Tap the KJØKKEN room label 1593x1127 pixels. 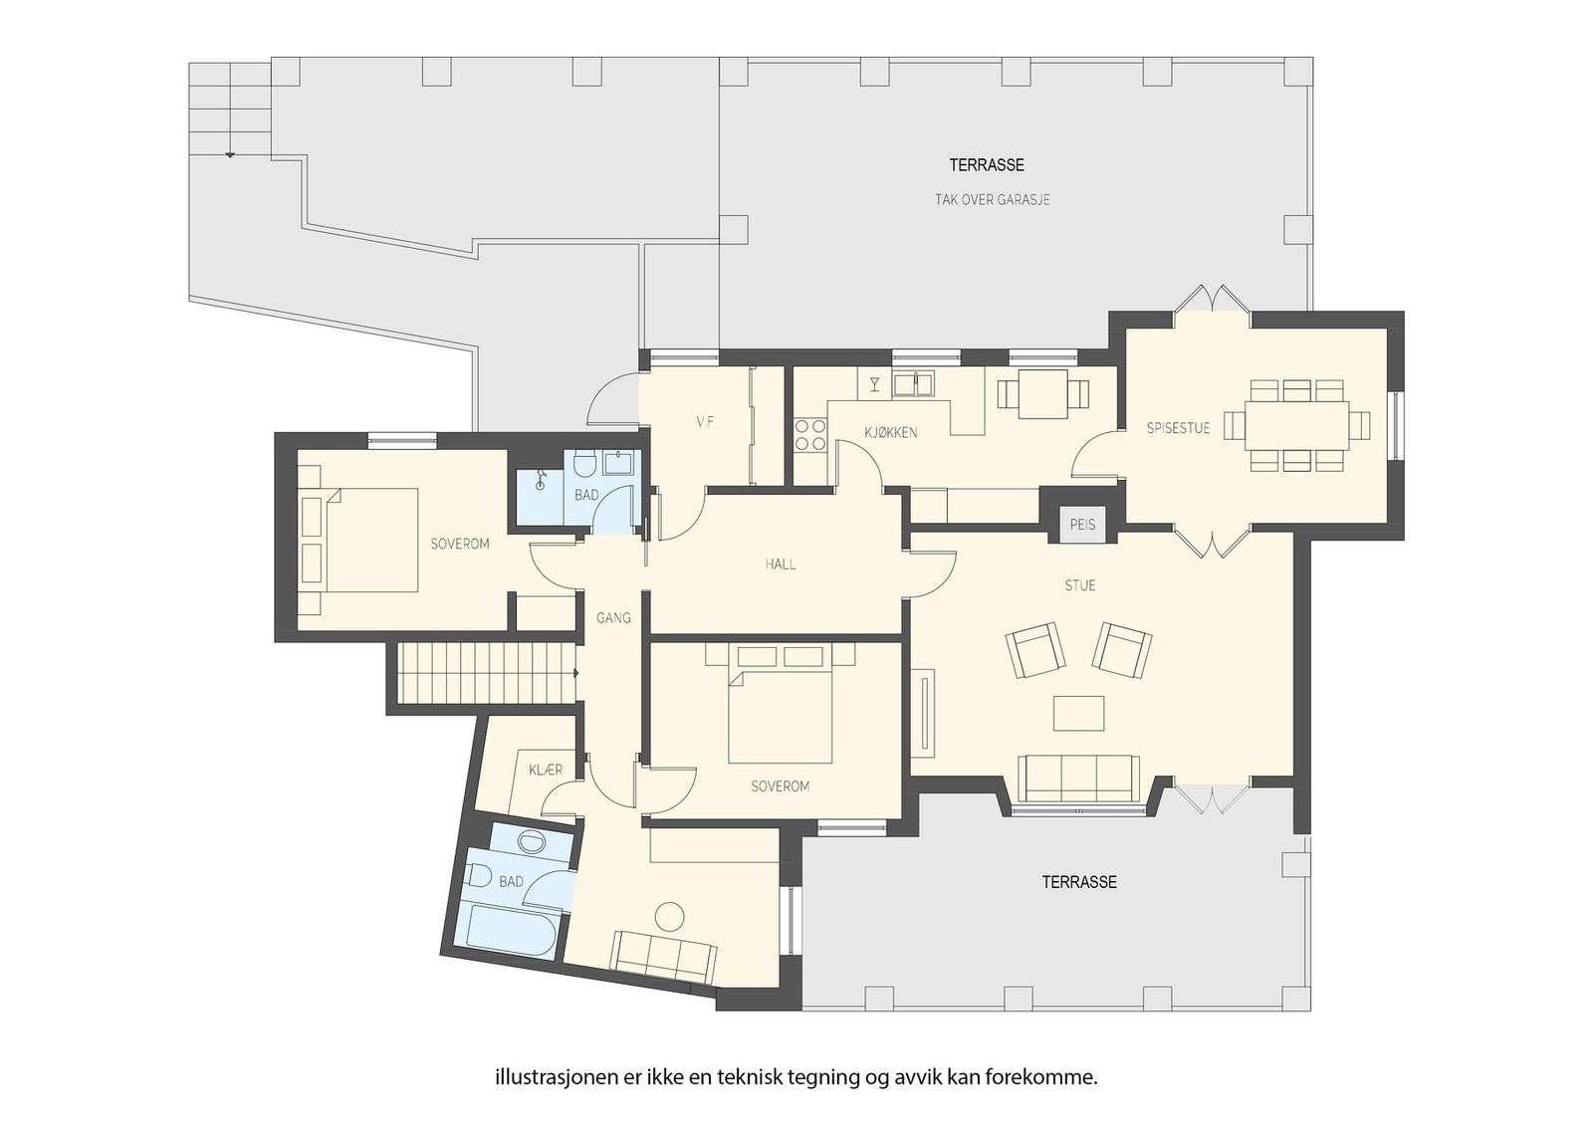pyautogui.click(x=890, y=432)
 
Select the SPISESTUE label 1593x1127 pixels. pyautogui.click(x=1178, y=429)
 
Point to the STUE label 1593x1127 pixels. pyautogui.click(x=1079, y=585)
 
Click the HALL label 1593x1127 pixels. pyautogui.click(x=781, y=564)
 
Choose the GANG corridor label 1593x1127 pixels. pyautogui.click(x=613, y=618)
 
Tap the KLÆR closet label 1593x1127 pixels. pyautogui.click(x=546, y=770)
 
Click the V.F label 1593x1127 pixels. pyautogui.click(x=705, y=422)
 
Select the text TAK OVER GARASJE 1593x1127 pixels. pyautogui.click(x=992, y=200)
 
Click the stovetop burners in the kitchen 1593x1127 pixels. pyautogui.click(x=810, y=435)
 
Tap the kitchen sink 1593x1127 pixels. pyautogui.click(x=914, y=384)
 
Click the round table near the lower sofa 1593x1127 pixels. pyautogui.click(x=670, y=917)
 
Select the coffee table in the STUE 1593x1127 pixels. pyautogui.click(x=1079, y=713)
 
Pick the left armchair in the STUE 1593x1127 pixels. pyautogui.click(x=1034, y=650)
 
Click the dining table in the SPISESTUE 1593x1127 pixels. pyautogui.click(x=1296, y=425)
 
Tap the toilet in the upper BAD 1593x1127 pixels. pyautogui.click(x=584, y=465)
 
